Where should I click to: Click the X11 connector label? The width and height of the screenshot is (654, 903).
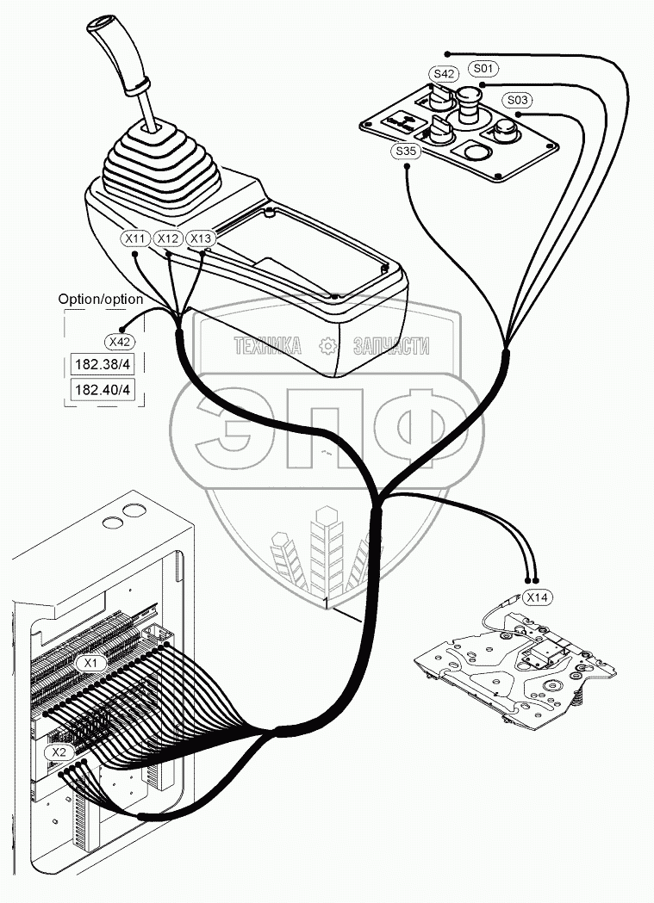coord(135,238)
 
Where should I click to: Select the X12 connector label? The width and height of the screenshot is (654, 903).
coord(168,238)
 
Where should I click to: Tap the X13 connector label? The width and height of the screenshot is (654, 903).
coord(200,238)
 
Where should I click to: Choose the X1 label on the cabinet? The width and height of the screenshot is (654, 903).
coord(91,663)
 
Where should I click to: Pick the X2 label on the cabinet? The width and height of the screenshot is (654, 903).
coord(58,752)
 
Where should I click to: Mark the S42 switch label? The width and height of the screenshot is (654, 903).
coord(443,74)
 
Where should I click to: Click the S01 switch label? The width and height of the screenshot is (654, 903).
coord(483,66)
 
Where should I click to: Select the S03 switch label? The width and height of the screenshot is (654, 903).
coord(518,99)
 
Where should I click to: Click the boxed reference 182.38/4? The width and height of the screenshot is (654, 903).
coord(103,364)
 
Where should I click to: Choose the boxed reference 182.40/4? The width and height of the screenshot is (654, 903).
coord(103,390)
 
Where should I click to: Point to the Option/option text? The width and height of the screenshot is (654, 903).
coord(101,299)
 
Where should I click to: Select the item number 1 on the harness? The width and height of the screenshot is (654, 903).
coord(327,599)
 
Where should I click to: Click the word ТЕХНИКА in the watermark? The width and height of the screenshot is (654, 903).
coord(268,347)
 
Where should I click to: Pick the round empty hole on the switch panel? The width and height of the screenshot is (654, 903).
coord(476,153)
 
